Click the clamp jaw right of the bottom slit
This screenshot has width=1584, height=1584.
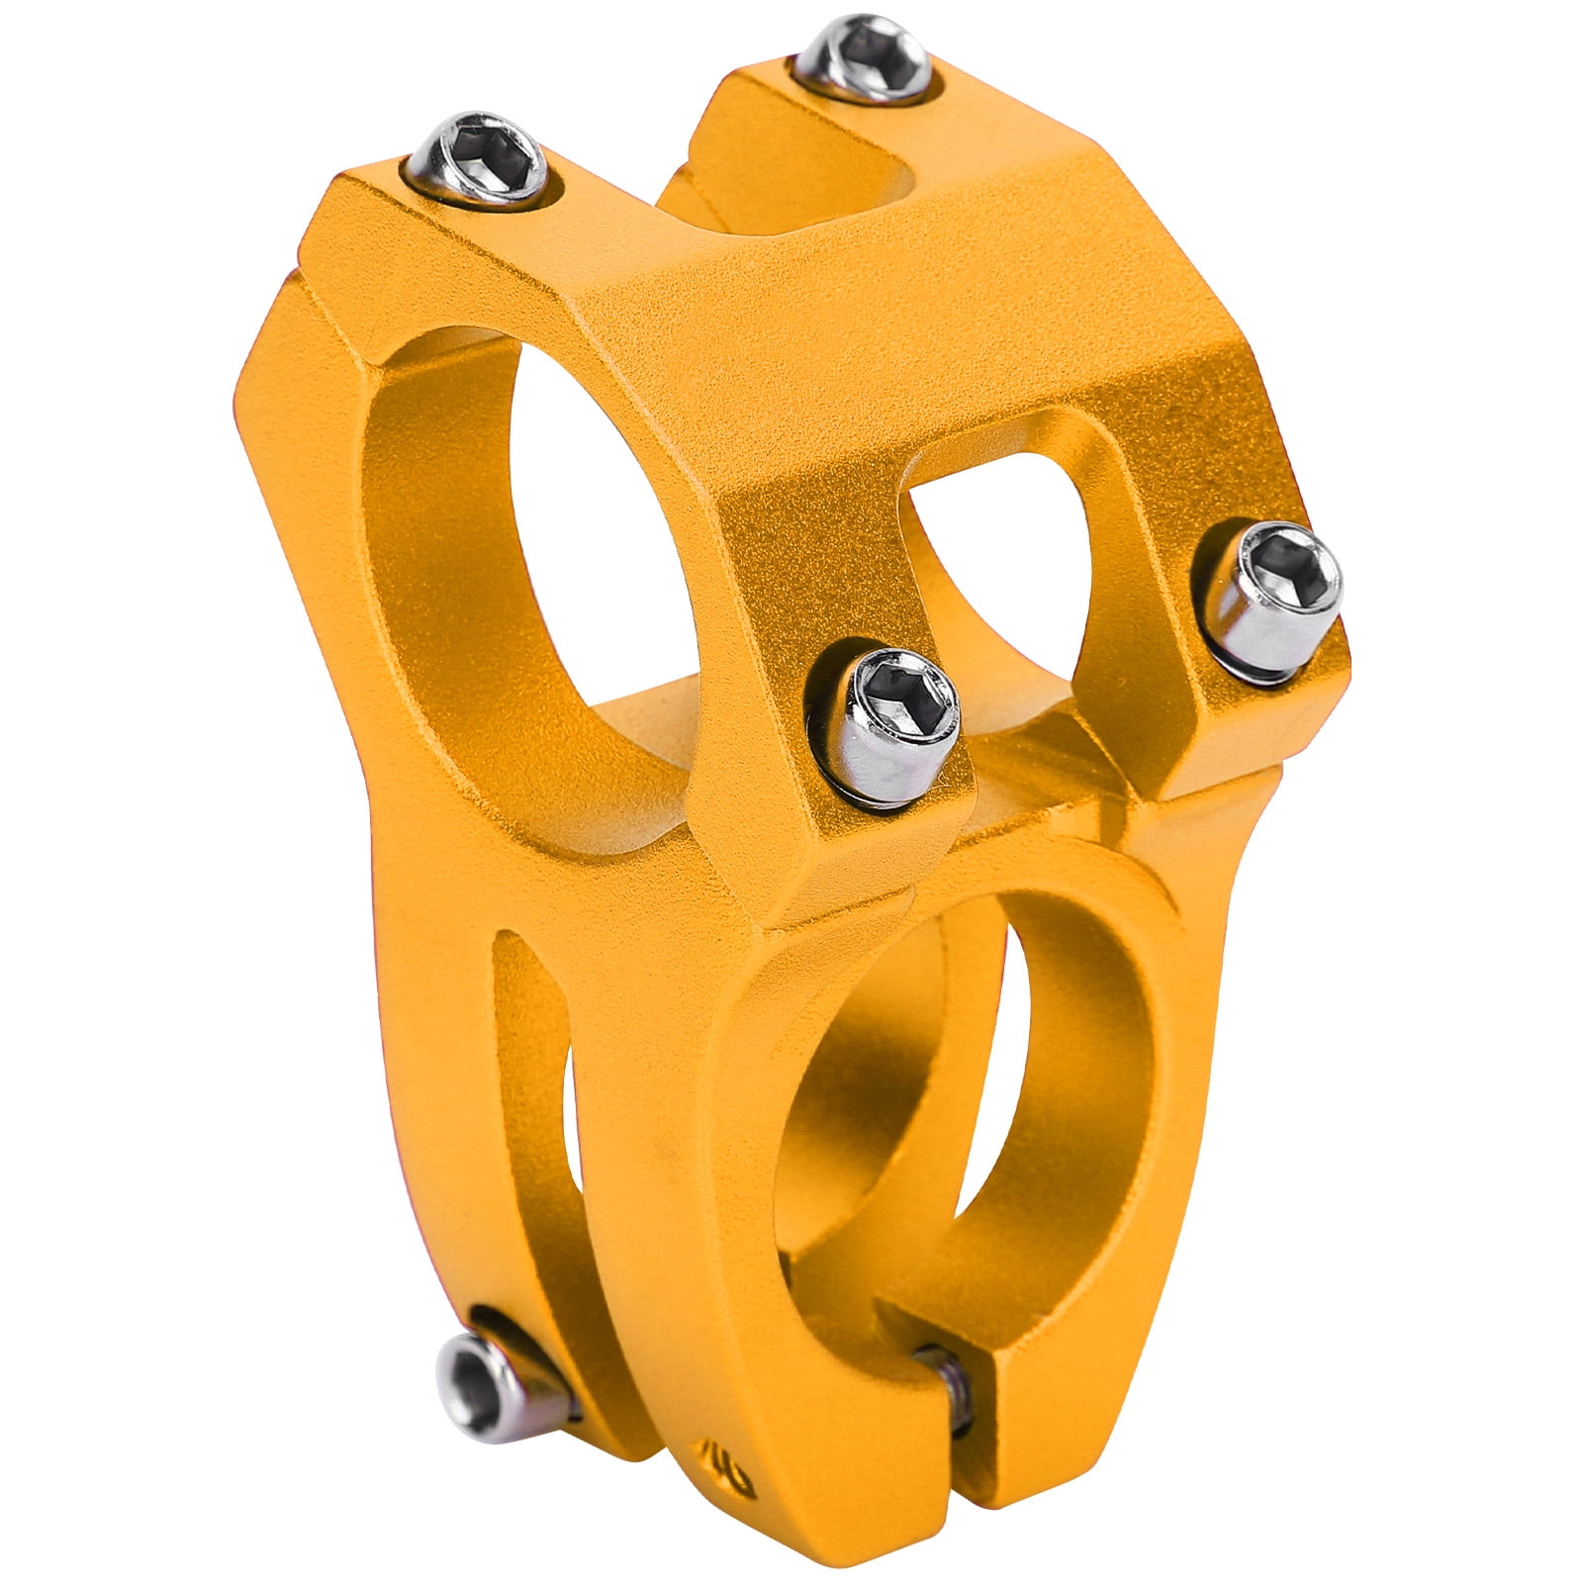click(x=1049, y=1385)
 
